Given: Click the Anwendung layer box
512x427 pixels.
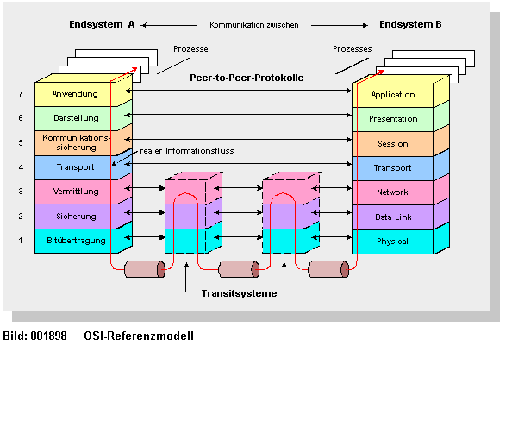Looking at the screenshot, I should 75,94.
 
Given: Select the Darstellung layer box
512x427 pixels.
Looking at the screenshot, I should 75,118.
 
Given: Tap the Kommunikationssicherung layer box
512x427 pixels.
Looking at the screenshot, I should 75,142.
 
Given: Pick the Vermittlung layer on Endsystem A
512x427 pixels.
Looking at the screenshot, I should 75,192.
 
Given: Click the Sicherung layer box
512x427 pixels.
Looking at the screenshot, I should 75,216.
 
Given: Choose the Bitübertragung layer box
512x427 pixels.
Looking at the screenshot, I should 75,241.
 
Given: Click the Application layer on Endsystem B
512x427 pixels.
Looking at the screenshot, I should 392,95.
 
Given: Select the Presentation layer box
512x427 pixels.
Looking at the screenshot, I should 392,119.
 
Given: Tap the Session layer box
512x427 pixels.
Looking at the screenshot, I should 392,143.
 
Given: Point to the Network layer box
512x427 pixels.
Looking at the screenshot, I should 392,192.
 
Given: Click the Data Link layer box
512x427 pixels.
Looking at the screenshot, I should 392,217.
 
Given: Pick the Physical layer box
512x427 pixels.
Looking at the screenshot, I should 392,242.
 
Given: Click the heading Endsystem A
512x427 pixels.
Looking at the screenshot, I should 102,25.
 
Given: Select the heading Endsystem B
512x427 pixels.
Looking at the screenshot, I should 410,25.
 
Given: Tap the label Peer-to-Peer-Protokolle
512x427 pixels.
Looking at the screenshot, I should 247,78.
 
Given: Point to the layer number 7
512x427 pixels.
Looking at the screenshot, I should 21,93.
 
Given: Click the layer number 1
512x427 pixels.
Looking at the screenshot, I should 21,241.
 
